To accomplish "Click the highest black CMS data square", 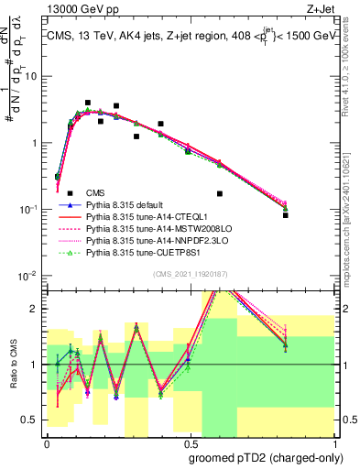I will (87, 103).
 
